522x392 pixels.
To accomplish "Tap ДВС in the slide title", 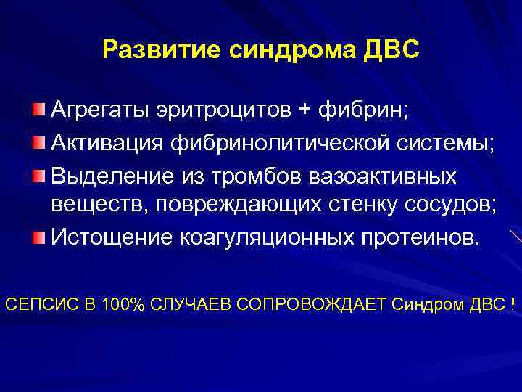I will [391, 50].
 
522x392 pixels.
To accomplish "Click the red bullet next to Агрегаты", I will [38, 110].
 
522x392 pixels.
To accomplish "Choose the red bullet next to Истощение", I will [38, 237].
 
